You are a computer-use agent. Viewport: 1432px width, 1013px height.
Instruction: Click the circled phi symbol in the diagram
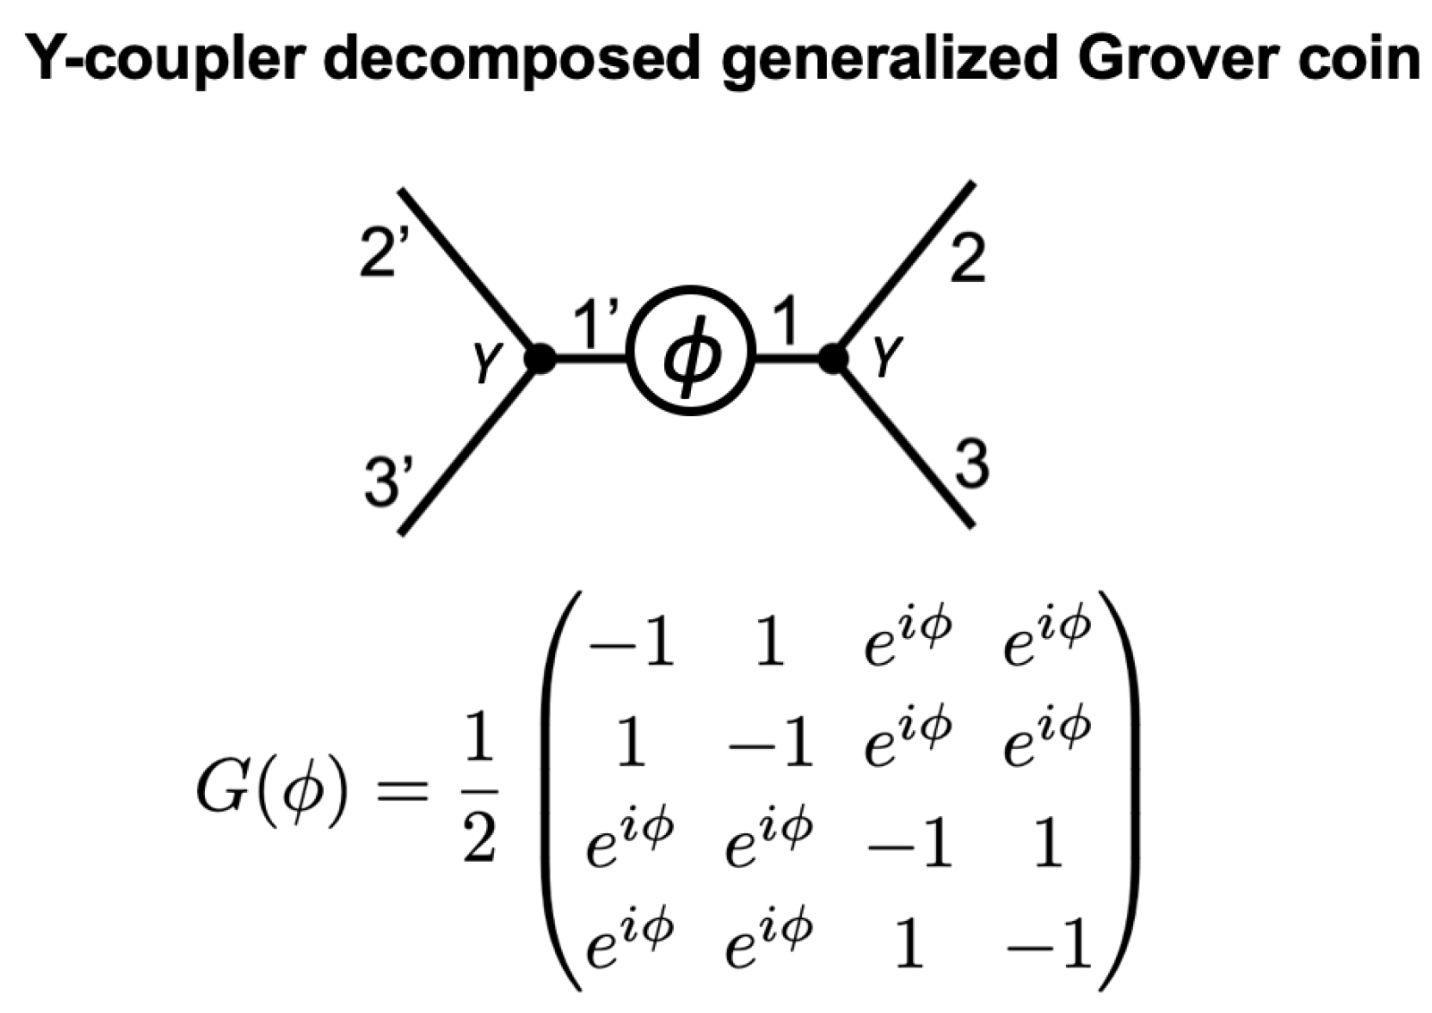(691, 352)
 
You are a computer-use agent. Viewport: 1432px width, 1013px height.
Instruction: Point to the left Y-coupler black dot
(540, 359)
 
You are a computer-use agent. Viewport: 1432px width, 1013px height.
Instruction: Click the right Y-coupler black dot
(833, 359)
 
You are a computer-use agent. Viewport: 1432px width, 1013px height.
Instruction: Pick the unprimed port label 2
(967, 260)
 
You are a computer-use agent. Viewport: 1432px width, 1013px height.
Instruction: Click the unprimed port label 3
(972, 465)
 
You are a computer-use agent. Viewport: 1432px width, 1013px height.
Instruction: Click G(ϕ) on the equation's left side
(269, 791)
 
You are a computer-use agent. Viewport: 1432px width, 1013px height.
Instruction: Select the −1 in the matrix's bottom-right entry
(1049, 947)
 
